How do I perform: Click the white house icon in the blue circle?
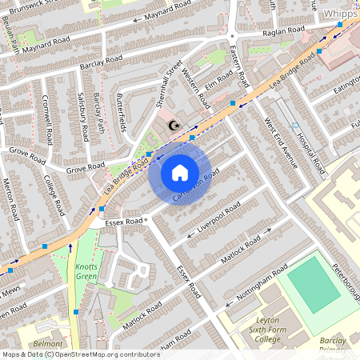[x=180, y=172]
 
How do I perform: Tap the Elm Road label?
[x=218, y=81]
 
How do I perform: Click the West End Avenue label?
[x=280, y=144]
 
